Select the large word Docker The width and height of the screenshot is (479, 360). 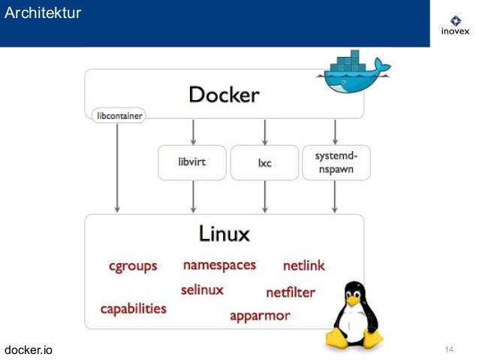(x=224, y=95)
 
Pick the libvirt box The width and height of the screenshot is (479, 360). (x=192, y=162)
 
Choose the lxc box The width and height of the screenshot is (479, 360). (x=264, y=162)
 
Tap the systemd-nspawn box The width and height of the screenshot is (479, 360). (x=336, y=162)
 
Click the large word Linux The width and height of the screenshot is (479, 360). (x=224, y=234)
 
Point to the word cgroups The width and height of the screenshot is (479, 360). (x=133, y=266)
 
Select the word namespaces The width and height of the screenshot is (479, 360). (x=219, y=265)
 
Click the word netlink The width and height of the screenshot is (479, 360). (x=303, y=265)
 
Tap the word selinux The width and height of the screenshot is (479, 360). (x=202, y=289)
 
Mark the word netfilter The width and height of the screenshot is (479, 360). (x=291, y=292)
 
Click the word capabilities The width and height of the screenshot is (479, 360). (x=134, y=309)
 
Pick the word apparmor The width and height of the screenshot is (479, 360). (x=260, y=316)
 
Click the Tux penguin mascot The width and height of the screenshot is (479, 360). (x=352, y=316)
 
